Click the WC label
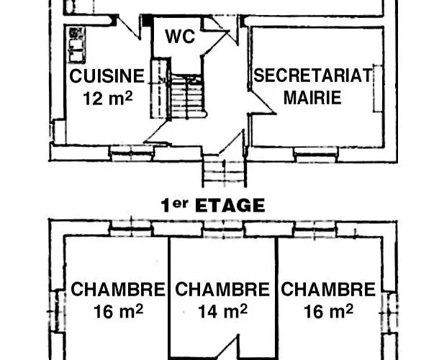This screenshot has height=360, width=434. click(181, 37)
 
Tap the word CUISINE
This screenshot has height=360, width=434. click(107, 77)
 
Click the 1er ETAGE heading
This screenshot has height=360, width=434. click(212, 205)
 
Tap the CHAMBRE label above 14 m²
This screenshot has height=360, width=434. click(222, 290)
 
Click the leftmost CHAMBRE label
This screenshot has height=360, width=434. click(117, 290)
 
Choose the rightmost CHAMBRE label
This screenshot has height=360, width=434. click(328, 290)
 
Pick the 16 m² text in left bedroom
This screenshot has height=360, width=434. click(118, 312)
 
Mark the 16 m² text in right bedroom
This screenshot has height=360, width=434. click(328, 312)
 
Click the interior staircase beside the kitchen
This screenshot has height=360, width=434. click(186, 96)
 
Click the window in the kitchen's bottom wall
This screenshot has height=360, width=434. click(132, 152)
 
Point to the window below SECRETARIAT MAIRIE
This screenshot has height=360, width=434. click(315, 152)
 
